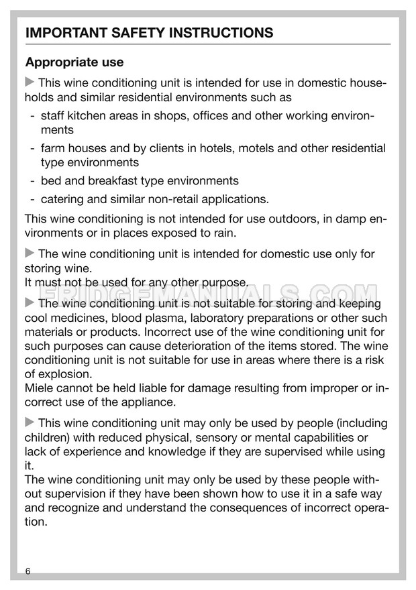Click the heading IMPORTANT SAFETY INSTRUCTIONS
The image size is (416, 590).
pyautogui.click(x=149, y=33)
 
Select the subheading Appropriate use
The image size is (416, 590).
pyautogui.click(x=74, y=62)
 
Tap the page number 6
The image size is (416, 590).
pyautogui.click(x=28, y=571)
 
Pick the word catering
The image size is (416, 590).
pyautogui.click(x=63, y=198)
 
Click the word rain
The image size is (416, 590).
pyautogui.click(x=223, y=233)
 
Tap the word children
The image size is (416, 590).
pyautogui.click(x=47, y=437)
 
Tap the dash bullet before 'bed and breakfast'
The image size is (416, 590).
pyautogui.click(x=32, y=181)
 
